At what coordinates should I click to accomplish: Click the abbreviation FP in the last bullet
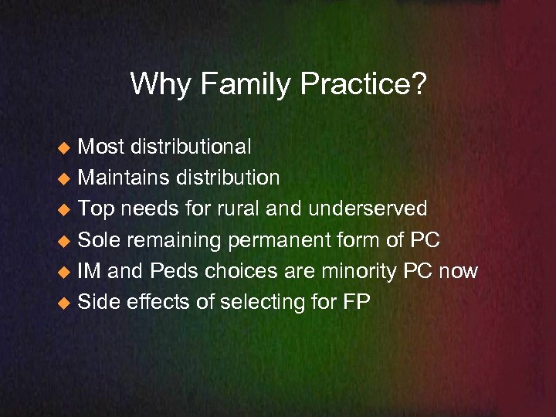click(x=355, y=302)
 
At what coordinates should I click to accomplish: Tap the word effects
click(x=160, y=302)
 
